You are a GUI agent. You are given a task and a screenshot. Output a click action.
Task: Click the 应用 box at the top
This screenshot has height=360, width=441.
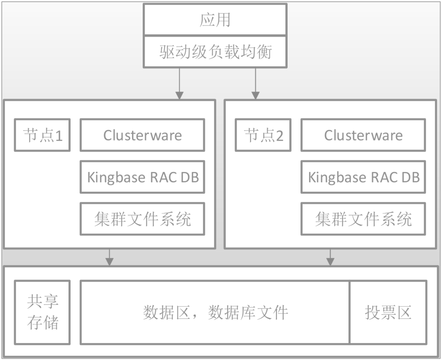click(x=215, y=20)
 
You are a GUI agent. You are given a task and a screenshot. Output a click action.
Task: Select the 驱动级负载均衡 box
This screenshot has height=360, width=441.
click(x=215, y=52)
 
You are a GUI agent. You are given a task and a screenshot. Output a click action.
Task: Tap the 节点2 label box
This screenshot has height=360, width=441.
click(x=263, y=135)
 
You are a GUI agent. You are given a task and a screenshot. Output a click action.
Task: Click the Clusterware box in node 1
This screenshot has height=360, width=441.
click(x=142, y=135)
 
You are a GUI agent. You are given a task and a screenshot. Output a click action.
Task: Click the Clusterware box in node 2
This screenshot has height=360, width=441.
click(x=363, y=135)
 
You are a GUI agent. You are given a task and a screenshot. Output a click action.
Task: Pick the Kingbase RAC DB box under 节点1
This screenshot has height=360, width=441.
click(x=142, y=177)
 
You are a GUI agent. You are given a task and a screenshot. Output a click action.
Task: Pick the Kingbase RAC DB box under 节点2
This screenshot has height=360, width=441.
click(x=363, y=177)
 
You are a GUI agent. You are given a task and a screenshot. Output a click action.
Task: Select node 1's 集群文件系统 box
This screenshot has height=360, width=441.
click(x=142, y=219)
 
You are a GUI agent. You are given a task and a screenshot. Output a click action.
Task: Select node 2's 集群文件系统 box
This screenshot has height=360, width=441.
click(x=363, y=219)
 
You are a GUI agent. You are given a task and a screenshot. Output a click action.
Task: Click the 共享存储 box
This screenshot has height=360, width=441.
click(x=42, y=312)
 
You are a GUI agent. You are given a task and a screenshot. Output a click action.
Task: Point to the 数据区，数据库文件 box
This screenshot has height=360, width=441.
click(x=215, y=312)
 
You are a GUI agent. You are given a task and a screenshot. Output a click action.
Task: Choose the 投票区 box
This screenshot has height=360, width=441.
click(x=388, y=312)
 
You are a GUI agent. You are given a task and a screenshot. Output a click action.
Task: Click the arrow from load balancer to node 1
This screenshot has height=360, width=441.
click(x=179, y=83)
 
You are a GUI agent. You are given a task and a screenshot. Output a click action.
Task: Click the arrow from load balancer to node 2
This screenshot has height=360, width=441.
click(x=255, y=83)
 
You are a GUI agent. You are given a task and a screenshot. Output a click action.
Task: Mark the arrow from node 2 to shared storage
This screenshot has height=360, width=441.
click(x=330, y=257)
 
